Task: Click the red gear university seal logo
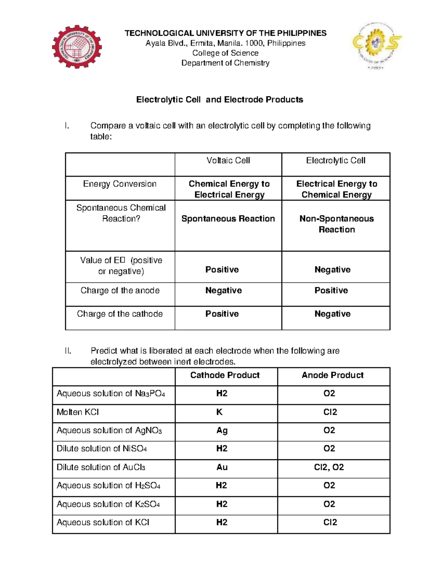[77, 47]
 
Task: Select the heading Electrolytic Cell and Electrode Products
[220, 100]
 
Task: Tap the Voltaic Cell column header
[228, 161]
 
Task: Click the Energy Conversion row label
[120, 184]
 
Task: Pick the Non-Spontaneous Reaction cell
[336, 224]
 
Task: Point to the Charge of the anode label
[120, 291]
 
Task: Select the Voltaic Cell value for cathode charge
[222, 314]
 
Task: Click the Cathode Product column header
[225, 375]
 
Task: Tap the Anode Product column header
[333, 375]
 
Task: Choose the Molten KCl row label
[78, 412]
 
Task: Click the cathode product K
[220, 412]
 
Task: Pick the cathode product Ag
[222, 431]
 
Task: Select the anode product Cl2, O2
[329, 467]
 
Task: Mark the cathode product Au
[222, 467]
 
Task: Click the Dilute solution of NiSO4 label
[102, 449]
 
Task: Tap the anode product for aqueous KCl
[330, 523]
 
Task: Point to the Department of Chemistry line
[225, 63]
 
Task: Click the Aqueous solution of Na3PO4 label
[110, 394]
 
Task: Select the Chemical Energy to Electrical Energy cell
[229, 189]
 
